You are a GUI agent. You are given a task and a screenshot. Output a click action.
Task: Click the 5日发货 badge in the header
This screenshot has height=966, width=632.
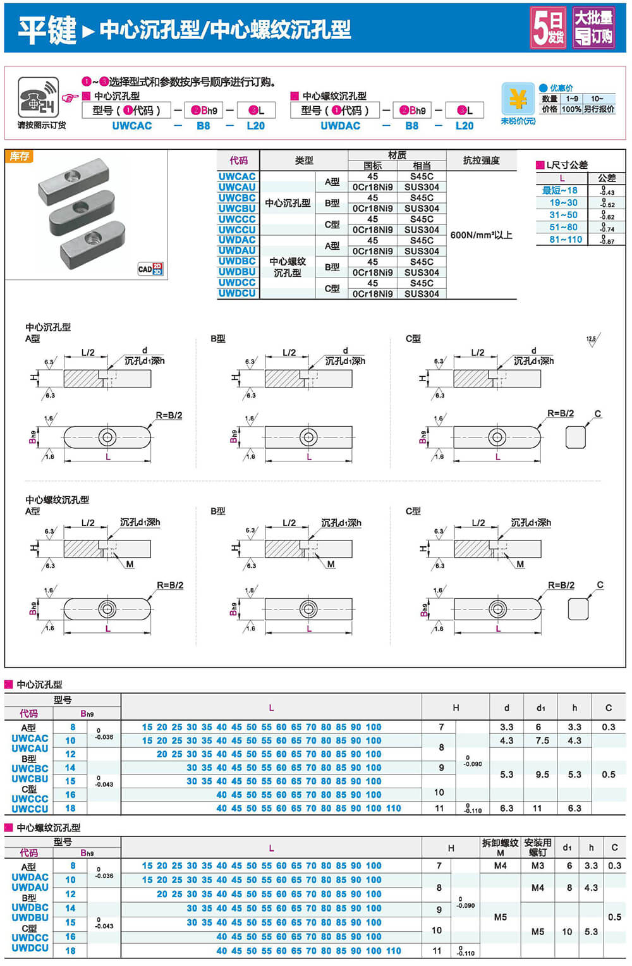point(548,28)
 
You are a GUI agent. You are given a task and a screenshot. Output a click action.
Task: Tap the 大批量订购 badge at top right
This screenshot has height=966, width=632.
point(593,28)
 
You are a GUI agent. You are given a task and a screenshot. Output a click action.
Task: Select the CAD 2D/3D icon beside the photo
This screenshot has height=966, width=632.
point(150,269)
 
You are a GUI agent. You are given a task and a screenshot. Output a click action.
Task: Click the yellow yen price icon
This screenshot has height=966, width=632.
point(518,99)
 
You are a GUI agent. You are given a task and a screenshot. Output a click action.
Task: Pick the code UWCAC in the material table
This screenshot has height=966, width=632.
point(237,176)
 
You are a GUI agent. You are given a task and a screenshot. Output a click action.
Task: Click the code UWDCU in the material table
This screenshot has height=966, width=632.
point(237,293)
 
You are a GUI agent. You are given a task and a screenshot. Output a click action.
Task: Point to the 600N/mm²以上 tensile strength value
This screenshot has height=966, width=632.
point(481,235)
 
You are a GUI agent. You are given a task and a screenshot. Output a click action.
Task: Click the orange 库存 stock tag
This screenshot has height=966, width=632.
point(19,156)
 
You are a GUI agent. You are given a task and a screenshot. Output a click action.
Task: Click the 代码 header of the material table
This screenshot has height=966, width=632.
point(238,161)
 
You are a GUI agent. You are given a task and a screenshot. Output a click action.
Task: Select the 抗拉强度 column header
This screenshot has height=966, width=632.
point(481,161)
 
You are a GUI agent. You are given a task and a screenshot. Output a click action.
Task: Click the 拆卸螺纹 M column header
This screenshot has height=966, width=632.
point(500,847)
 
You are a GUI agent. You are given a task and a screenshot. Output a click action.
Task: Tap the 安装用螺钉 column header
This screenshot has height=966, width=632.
point(537,847)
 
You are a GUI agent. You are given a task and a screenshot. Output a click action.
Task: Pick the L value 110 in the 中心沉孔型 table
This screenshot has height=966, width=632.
point(394,808)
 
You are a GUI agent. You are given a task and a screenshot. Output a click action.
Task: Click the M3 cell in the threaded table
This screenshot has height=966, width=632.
point(537,865)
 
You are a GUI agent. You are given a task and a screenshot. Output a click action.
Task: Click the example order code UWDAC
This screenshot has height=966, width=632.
point(340,126)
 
